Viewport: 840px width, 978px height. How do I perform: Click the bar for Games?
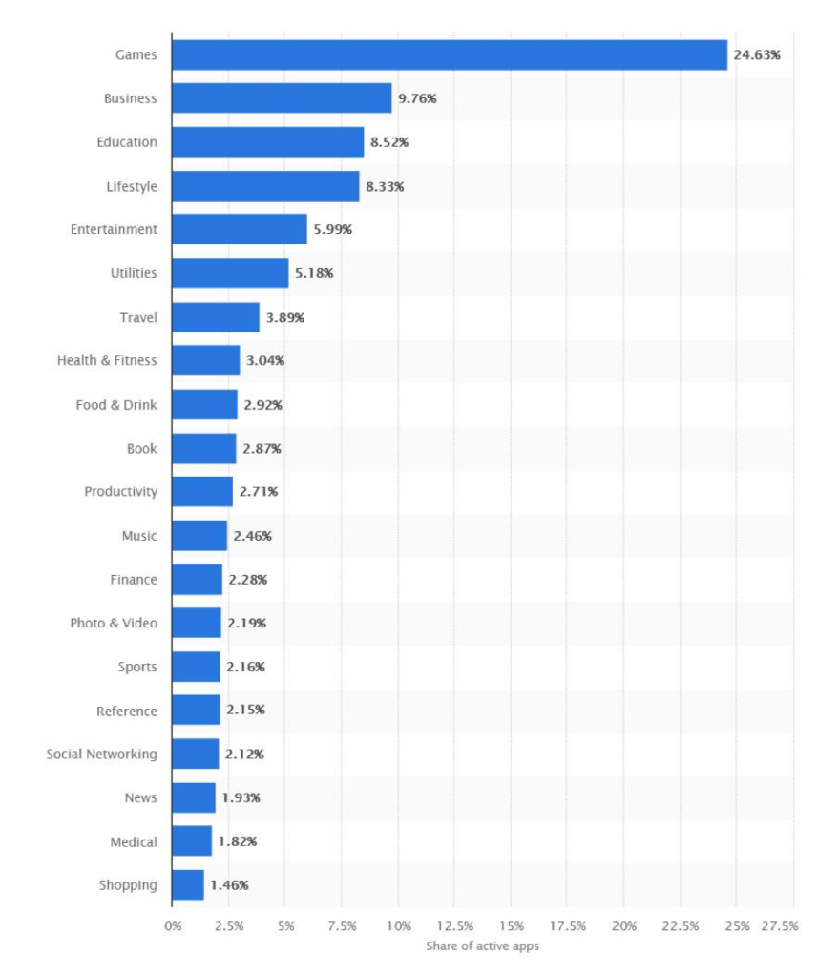click(449, 54)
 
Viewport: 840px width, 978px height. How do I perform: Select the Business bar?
click(282, 98)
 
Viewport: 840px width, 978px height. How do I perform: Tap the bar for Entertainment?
click(240, 229)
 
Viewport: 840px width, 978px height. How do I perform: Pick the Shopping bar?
click(188, 885)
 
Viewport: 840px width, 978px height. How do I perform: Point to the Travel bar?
click(216, 317)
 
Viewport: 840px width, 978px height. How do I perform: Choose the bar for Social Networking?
click(196, 754)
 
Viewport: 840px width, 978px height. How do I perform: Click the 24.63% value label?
click(757, 55)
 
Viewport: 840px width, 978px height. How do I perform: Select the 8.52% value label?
click(389, 142)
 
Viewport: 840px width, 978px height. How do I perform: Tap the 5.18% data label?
click(314, 273)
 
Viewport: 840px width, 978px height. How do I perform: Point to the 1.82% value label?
click(238, 841)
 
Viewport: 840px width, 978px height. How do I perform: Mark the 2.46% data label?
click(252, 536)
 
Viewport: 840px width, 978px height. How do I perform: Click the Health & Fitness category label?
click(107, 361)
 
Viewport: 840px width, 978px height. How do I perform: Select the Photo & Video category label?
click(114, 623)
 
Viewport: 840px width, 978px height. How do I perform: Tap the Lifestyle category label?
click(132, 186)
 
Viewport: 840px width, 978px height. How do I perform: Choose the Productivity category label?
click(120, 492)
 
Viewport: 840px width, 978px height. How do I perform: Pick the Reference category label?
click(127, 711)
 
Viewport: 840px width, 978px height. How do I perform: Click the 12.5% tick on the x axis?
click(455, 926)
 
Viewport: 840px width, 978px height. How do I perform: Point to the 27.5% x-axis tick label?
click(778, 926)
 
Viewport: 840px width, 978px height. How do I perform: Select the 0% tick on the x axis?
click(173, 926)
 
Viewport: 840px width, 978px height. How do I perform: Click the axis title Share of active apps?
click(482, 946)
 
